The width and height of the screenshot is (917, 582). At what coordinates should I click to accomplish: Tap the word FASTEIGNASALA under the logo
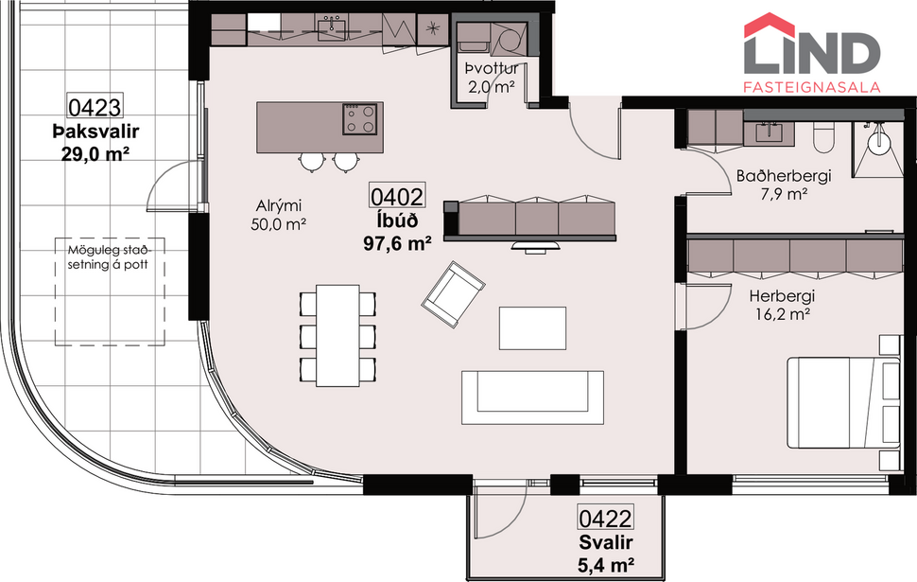click(812, 86)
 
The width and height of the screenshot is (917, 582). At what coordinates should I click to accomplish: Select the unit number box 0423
click(95, 106)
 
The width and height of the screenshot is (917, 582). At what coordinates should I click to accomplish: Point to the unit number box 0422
click(605, 519)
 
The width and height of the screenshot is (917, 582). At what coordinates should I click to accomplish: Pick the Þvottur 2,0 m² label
click(490, 78)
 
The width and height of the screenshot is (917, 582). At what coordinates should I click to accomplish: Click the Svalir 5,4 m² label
click(606, 554)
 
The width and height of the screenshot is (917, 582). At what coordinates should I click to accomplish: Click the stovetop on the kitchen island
click(361, 119)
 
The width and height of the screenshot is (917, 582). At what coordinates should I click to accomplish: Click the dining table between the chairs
click(337, 336)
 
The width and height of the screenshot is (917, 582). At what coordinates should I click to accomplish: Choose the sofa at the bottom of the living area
click(532, 396)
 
